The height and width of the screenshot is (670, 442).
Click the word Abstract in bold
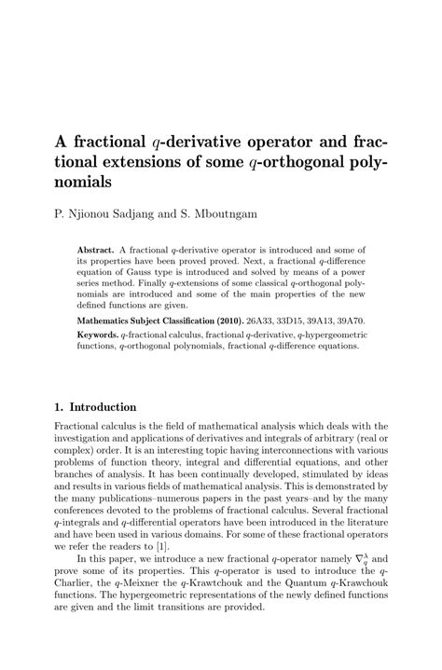tap(97, 251)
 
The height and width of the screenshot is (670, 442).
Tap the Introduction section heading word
tap(104, 407)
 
